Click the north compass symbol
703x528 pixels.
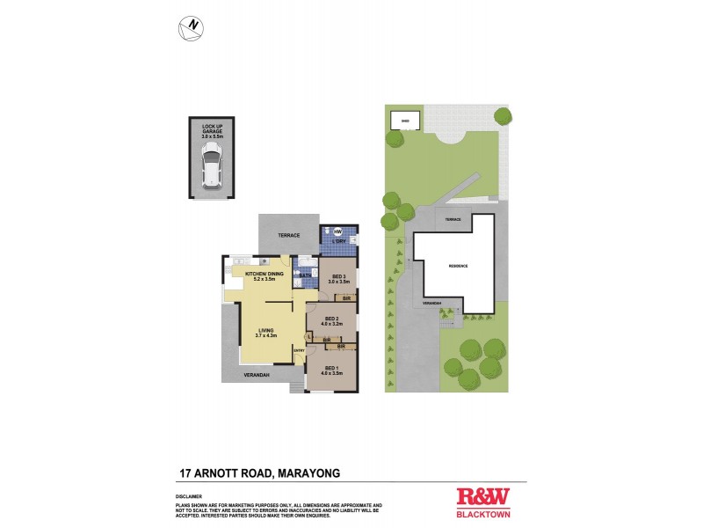coord(189,27)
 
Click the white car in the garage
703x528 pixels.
coord(212,165)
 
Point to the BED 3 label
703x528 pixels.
coord(338,275)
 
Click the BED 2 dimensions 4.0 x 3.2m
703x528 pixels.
coord(332,324)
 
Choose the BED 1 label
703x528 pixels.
coord(331,367)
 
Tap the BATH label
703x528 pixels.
coord(306,275)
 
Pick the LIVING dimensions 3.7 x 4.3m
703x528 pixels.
coord(266,335)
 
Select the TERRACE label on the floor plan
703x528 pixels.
coord(289,235)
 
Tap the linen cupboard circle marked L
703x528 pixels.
coord(310,337)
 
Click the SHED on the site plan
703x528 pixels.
coord(405,121)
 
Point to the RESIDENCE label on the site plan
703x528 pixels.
coord(458,266)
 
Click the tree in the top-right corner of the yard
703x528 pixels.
coord(503,115)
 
